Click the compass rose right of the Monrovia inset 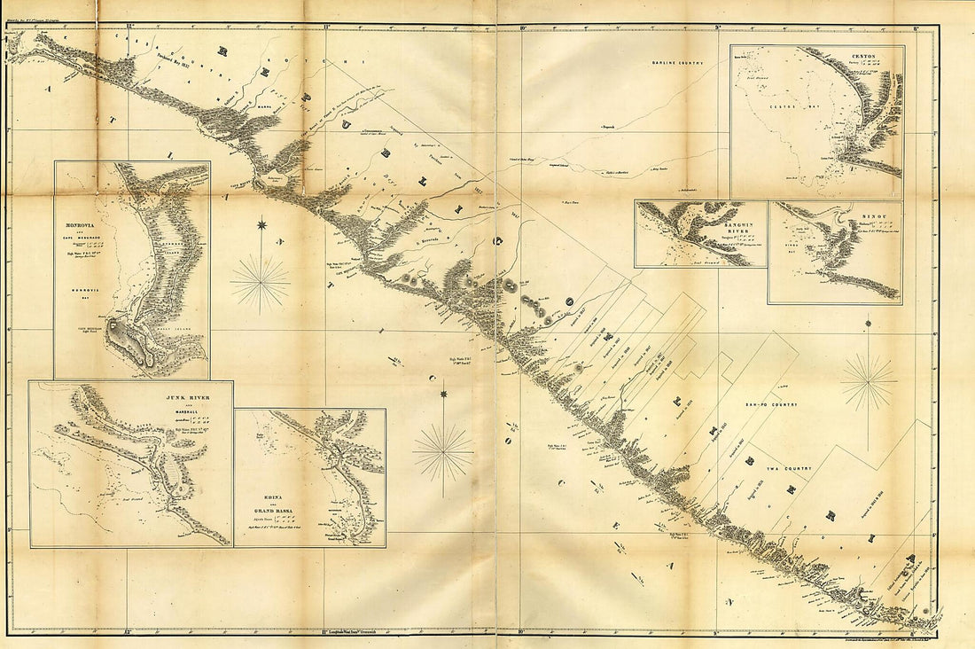click(261, 283)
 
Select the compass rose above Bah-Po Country click(869, 382)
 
